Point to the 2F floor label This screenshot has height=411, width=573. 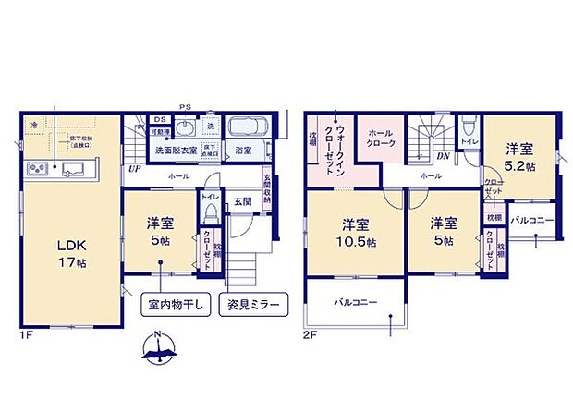click(311, 333)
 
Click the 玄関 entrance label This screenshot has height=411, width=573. click(242, 199)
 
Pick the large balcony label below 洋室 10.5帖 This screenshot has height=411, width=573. click(356, 302)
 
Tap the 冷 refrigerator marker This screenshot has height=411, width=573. click(34, 124)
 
